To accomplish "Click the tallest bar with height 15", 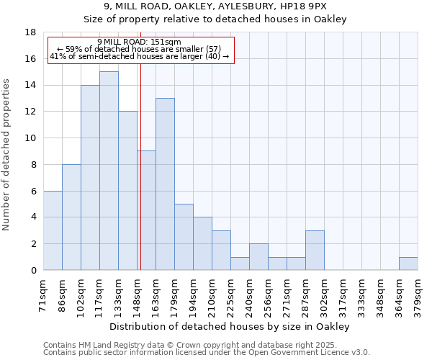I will (x=109, y=171).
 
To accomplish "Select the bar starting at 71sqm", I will (x=53, y=230).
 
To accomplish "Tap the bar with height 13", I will (x=165, y=184).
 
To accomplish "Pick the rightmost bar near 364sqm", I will (x=408, y=264).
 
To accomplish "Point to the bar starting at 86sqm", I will (x=71, y=217).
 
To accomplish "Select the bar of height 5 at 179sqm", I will (x=184, y=237).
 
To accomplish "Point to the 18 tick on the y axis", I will (x=31, y=32).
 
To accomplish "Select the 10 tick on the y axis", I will (x=31, y=138).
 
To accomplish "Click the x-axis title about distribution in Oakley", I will (x=230, y=327).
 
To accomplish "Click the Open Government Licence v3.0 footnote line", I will (x=207, y=353).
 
